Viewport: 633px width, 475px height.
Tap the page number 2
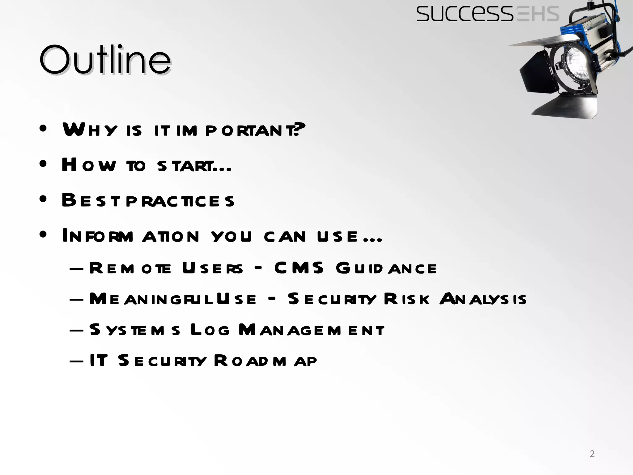tap(592, 454)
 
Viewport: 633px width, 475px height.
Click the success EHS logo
tap(487, 14)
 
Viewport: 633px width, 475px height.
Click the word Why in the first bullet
tap(90, 130)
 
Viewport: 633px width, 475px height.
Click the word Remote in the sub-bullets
tap(130, 268)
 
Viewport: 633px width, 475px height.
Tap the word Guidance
tap(386, 268)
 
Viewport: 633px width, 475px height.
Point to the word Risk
tap(406, 299)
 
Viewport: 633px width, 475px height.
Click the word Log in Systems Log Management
tap(210, 330)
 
